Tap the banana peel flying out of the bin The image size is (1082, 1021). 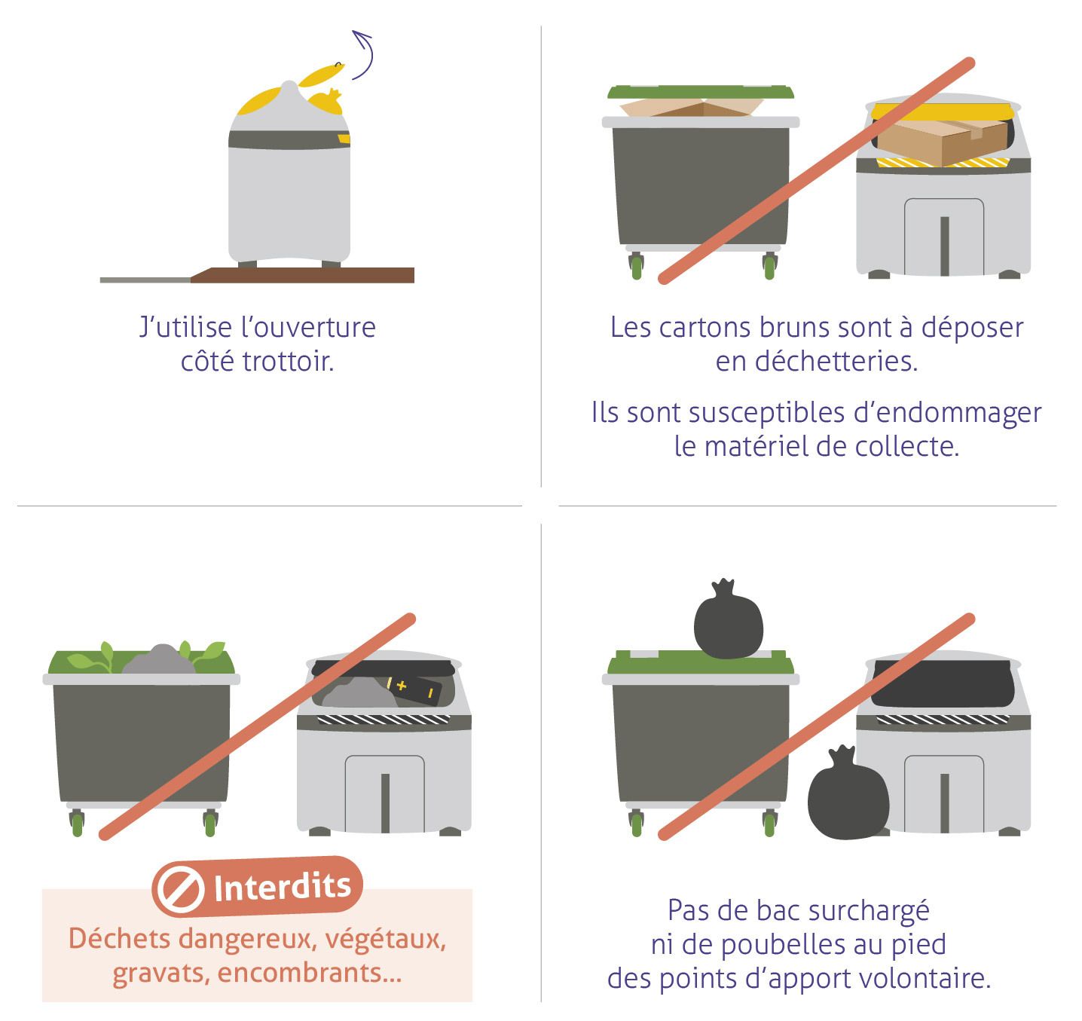point(322,75)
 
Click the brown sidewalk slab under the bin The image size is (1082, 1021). point(303,275)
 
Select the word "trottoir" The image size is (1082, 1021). point(288,361)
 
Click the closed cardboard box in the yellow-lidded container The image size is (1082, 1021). point(942,141)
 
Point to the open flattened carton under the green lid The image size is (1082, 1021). point(692,107)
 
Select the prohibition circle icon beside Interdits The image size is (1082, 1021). point(178,889)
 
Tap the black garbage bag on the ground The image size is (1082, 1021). point(848,793)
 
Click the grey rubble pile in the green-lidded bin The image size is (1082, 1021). point(158,660)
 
